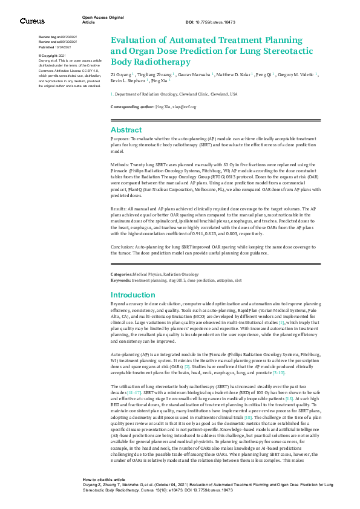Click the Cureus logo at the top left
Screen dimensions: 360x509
coord(32,21)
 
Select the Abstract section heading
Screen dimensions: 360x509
coord(126,130)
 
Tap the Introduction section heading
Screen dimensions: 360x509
coord(134,294)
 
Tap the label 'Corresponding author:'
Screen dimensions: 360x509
coord(133,106)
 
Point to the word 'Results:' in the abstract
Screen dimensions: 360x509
coord(121,207)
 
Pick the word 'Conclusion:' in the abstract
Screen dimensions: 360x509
coord(126,247)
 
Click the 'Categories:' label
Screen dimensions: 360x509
coord(122,274)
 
